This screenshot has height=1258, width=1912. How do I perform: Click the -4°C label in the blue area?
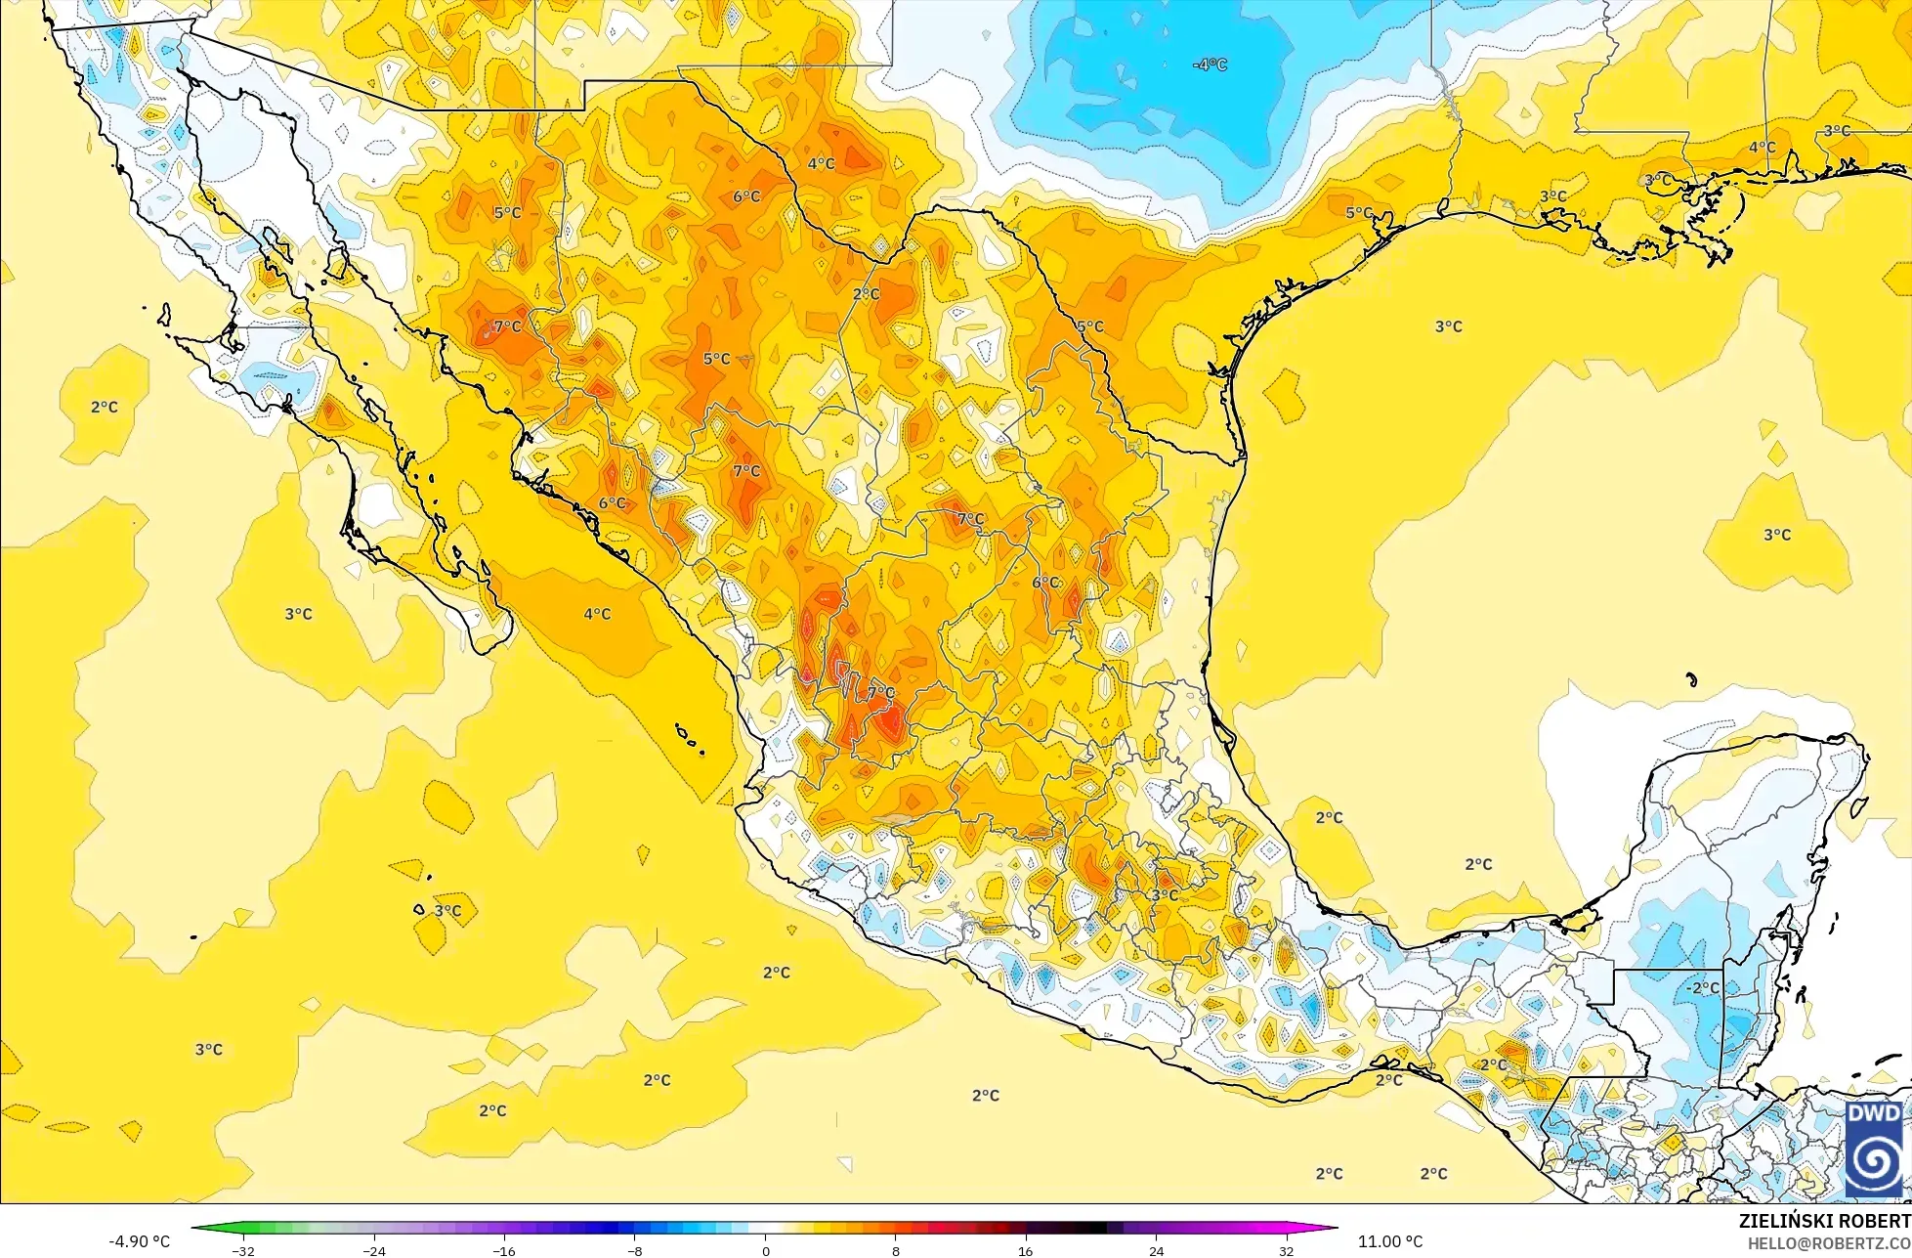(1210, 65)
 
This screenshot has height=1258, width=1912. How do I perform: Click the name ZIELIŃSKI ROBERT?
(1824, 1221)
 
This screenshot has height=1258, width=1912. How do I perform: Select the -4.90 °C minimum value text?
(139, 1241)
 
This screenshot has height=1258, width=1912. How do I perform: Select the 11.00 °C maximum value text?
(1390, 1241)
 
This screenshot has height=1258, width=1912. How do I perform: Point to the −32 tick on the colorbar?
(243, 1250)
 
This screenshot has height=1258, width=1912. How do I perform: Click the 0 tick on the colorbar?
(765, 1250)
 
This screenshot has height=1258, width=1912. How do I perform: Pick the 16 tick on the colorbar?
(1026, 1250)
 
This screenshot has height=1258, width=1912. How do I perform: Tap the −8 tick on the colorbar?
(634, 1250)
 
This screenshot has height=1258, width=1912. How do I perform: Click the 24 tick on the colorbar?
(1157, 1250)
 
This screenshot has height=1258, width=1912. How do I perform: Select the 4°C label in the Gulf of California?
(597, 614)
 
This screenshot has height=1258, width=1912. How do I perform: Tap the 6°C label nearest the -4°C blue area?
(746, 196)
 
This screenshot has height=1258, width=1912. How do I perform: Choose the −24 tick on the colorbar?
(373, 1250)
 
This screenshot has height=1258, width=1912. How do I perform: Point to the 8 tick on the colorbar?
(895, 1250)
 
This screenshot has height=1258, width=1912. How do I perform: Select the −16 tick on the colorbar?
(504, 1250)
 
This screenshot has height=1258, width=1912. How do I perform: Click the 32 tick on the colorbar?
(1287, 1250)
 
